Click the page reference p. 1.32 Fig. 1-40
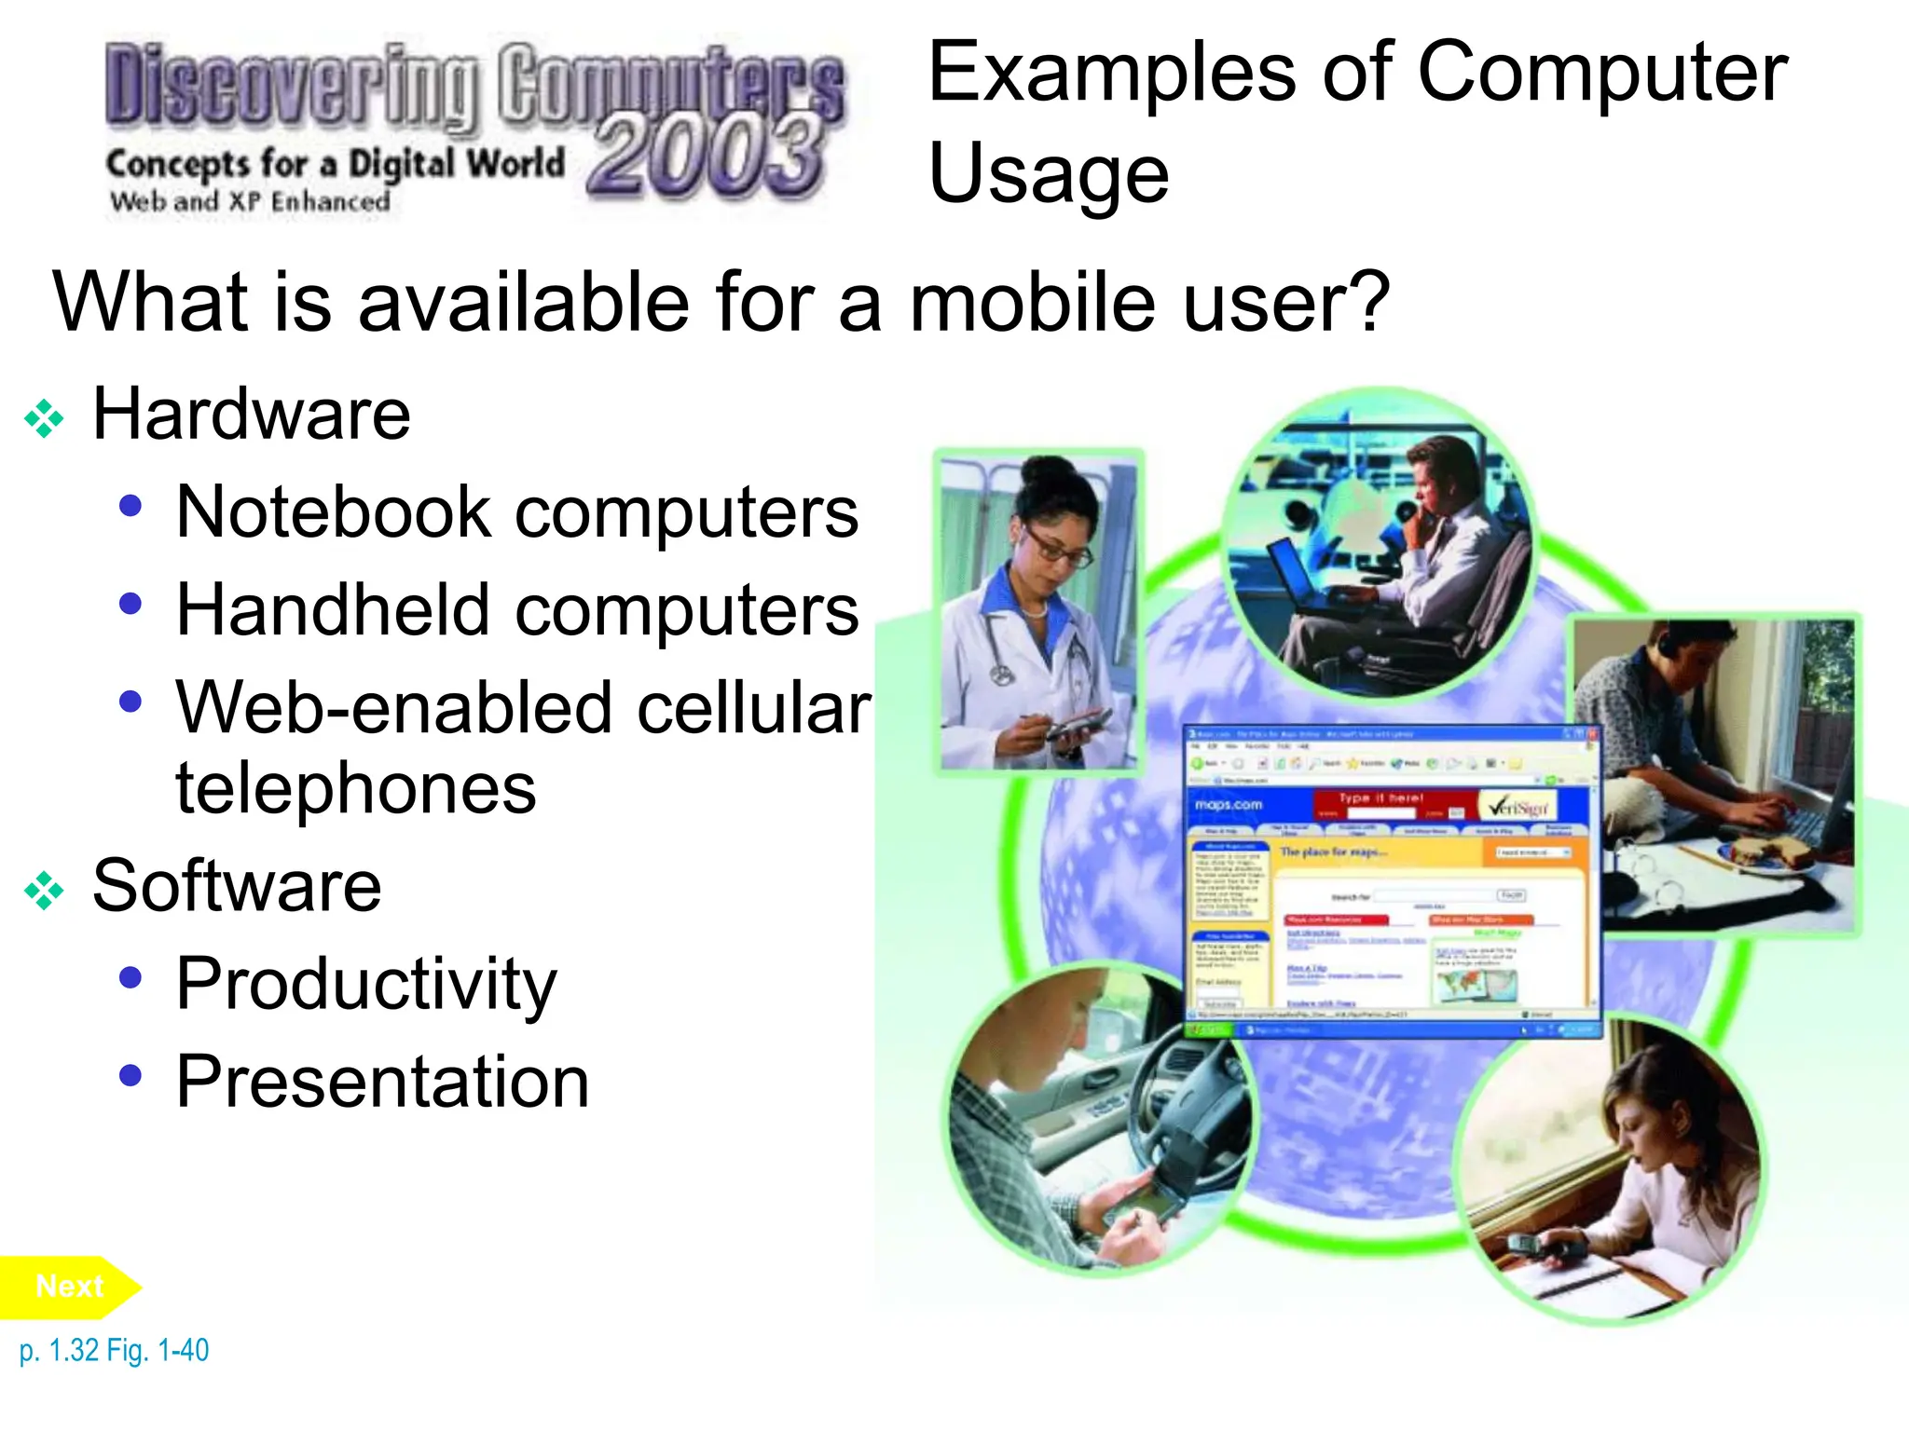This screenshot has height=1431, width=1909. pos(114,1350)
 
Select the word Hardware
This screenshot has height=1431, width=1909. pos(251,415)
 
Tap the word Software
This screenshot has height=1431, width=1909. pos(237,886)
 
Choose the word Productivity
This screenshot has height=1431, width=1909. pos(366,985)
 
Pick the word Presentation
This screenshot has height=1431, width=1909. pos(382,1083)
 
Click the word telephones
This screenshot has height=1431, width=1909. pos(355,788)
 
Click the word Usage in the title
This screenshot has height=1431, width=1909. pos(1049,173)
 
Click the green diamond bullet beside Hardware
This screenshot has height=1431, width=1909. pos(44,418)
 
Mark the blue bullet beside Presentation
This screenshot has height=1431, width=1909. pos(130,1076)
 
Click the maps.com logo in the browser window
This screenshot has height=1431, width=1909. pos(1229,804)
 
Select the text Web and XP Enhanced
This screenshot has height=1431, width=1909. pos(250,201)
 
